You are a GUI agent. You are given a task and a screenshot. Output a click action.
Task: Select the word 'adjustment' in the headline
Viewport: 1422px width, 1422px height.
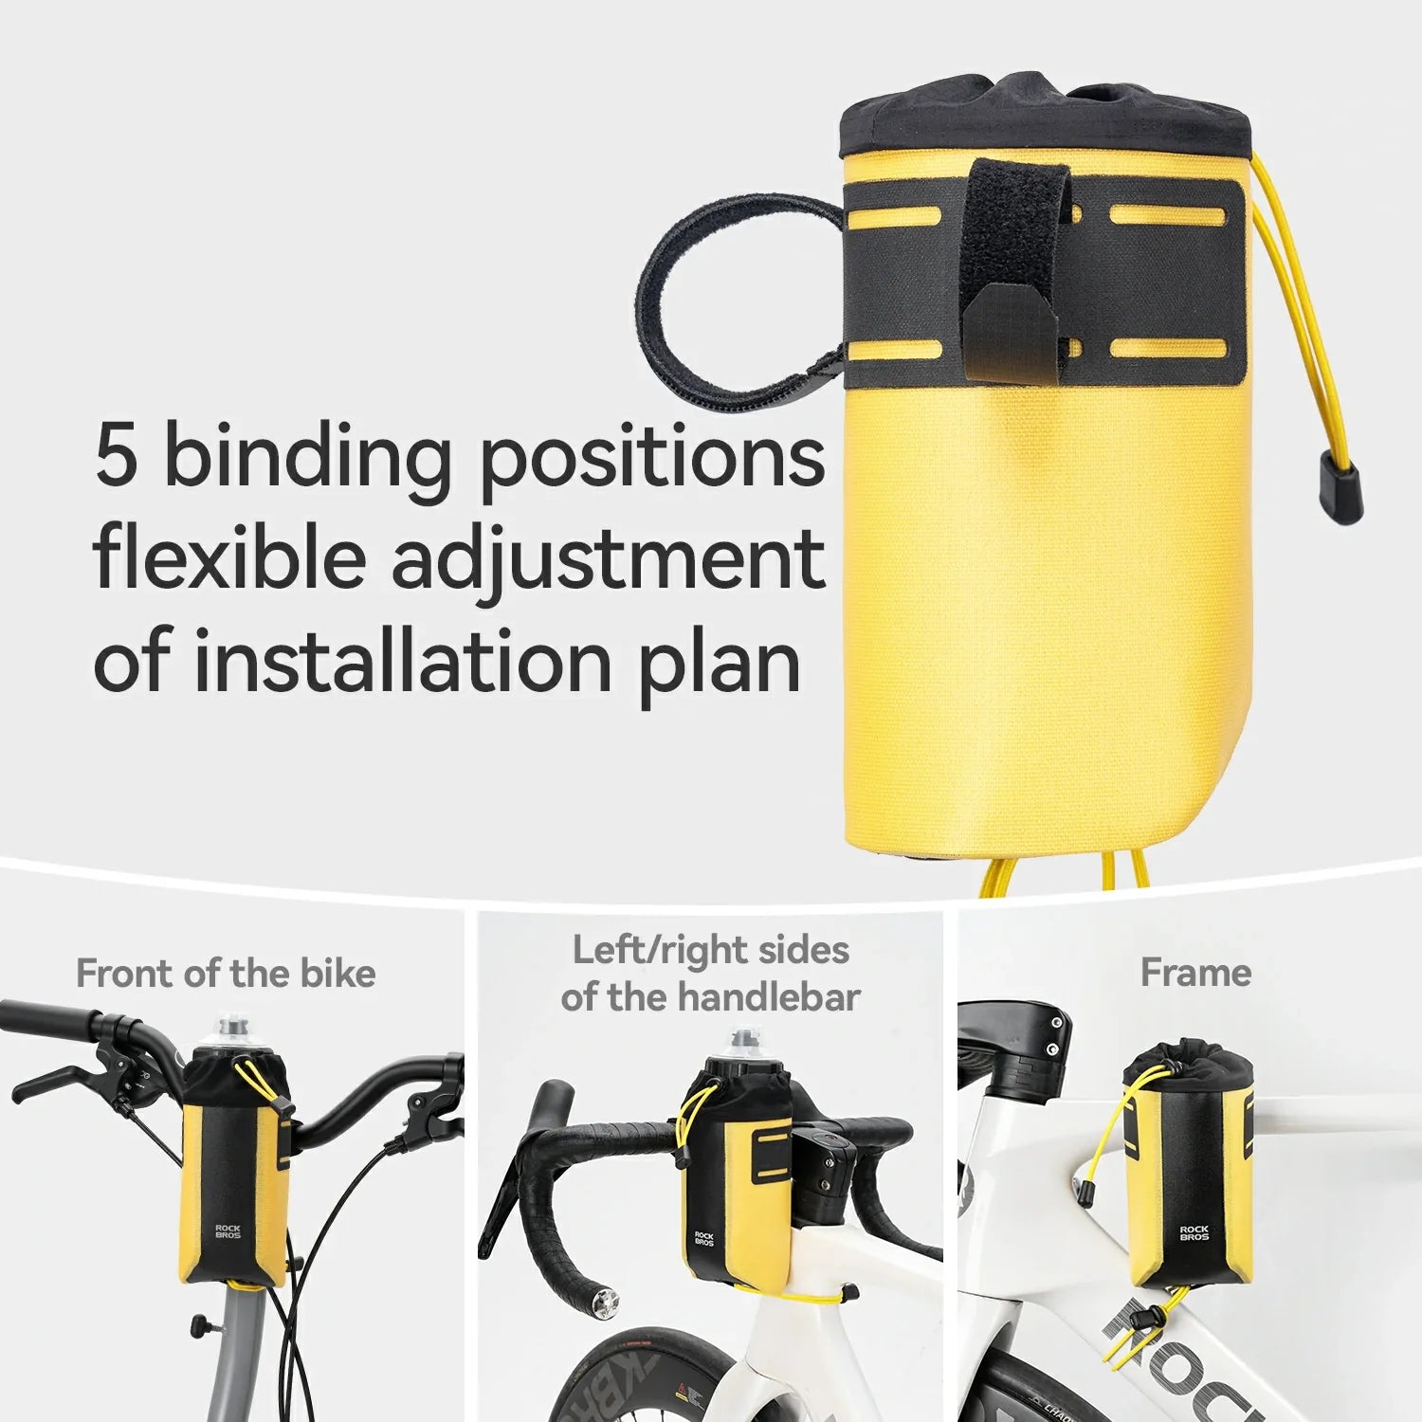608,559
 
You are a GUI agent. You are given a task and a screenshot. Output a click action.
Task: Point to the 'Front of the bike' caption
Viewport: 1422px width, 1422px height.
226,974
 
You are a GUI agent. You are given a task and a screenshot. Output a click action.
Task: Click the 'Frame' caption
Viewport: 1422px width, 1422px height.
1195,973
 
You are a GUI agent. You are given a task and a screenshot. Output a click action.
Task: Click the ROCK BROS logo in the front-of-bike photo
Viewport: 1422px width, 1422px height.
228,1231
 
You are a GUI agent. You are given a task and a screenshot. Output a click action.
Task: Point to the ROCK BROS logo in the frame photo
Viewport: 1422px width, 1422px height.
1194,1232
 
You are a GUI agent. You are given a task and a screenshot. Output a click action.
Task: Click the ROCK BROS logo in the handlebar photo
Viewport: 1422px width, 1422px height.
703,1238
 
